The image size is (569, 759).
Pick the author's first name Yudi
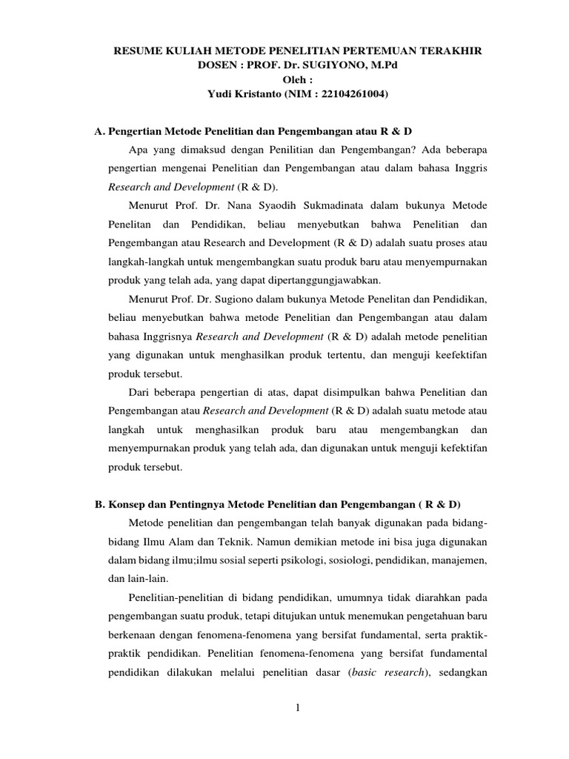[204, 94]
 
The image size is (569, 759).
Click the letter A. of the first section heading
[99, 131]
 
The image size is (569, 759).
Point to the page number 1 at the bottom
[297, 708]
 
